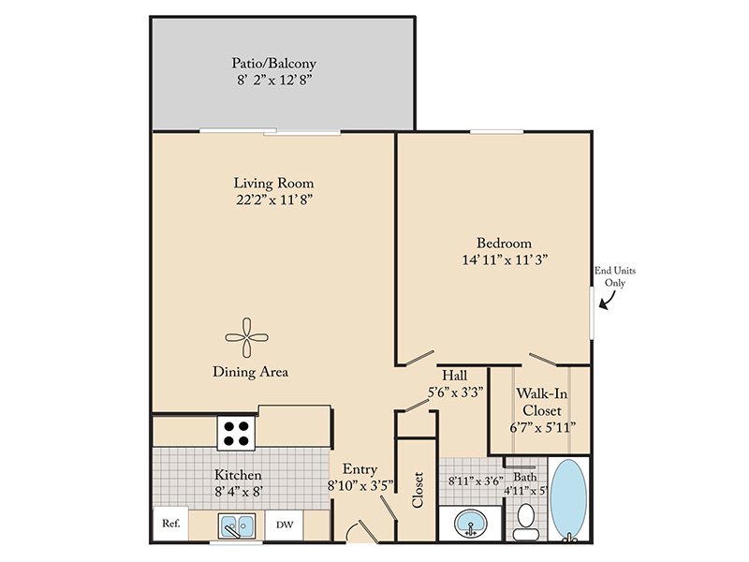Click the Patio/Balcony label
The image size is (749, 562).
click(x=273, y=63)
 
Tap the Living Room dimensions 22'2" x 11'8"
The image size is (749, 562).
click(x=274, y=200)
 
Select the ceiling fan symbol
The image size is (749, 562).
click(x=246, y=337)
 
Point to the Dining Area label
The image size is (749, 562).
click(x=250, y=372)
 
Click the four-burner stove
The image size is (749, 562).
click(x=237, y=434)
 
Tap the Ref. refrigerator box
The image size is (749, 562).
click(x=171, y=524)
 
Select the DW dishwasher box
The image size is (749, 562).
click(x=285, y=525)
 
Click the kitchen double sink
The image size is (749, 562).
click(x=237, y=525)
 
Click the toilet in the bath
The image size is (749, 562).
click(x=526, y=522)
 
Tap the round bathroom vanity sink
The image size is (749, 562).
click(x=470, y=524)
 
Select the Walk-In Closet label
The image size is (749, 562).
click(x=542, y=402)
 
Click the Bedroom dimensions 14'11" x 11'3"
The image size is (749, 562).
click(x=505, y=260)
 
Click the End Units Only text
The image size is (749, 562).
click(x=615, y=276)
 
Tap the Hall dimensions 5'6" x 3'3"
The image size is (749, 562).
click(x=455, y=392)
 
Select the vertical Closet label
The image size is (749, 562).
click(x=418, y=489)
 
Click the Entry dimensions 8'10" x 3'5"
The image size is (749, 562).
click(x=360, y=486)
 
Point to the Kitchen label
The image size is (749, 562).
click(x=238, y=475)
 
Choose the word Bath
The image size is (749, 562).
click(x=524, y=477)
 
